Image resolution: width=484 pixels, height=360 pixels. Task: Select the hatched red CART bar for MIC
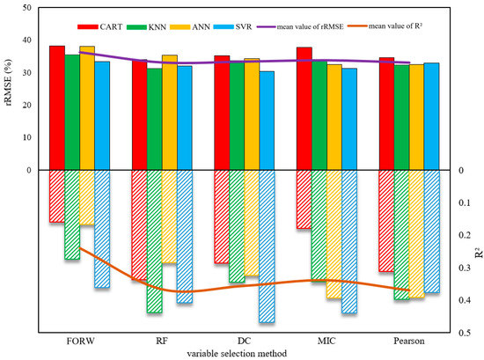coord(304,199)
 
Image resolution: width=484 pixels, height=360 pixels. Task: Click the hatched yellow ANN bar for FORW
coord(86,197)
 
